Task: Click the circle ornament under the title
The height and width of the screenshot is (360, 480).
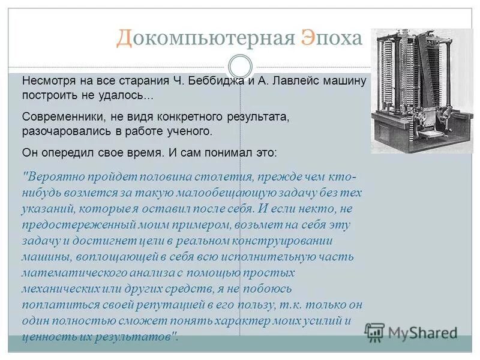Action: (x=241, y=66)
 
